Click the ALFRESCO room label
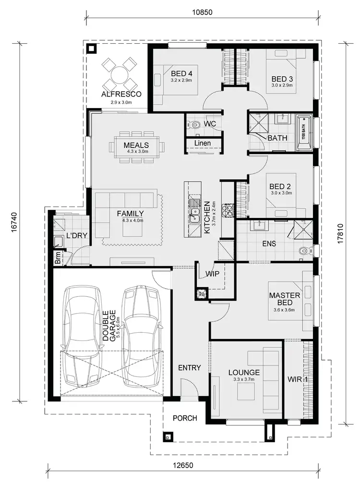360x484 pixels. tap(121, 94)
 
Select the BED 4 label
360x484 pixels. tap(181, 73)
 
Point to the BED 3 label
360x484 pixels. tap(282, 79)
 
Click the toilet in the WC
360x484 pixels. tap(195, 124)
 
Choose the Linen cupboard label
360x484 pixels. tap(203, 143)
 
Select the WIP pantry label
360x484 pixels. tap(212, 274)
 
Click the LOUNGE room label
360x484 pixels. tap(244, 372)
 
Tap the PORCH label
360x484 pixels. tap(185, 418)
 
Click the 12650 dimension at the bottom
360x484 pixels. tap(184, 466)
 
